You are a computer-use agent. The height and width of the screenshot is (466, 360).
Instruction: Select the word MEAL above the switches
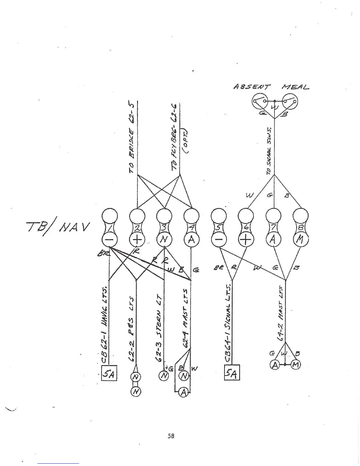click(x=295, y=87)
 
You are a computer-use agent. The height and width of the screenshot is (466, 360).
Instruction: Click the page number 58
click(x=171, y=436)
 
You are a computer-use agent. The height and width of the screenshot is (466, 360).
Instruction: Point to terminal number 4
click(x=191, y=228)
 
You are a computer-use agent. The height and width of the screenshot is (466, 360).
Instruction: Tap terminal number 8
click(x=301, y=228)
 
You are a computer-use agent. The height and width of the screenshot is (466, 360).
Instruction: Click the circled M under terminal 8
click(x=301, y=240)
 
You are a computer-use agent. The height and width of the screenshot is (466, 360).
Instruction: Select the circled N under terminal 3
click(x=164, y=240)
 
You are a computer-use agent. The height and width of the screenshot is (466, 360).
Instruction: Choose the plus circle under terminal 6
click(x=246, y=240)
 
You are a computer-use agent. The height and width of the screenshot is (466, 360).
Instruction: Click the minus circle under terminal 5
click(x=219, y=240)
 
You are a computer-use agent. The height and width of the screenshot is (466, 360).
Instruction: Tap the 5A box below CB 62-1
click(x=109, y=373)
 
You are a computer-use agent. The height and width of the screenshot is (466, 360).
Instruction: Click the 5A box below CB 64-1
click(x=232, y=373)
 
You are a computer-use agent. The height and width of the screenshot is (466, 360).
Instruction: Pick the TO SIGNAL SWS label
click(x=269, y=151)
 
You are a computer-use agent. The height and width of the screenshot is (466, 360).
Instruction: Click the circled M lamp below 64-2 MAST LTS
click(x=296, y=365)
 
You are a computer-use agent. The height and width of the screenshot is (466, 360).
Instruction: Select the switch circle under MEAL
click(x=290, y=102)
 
